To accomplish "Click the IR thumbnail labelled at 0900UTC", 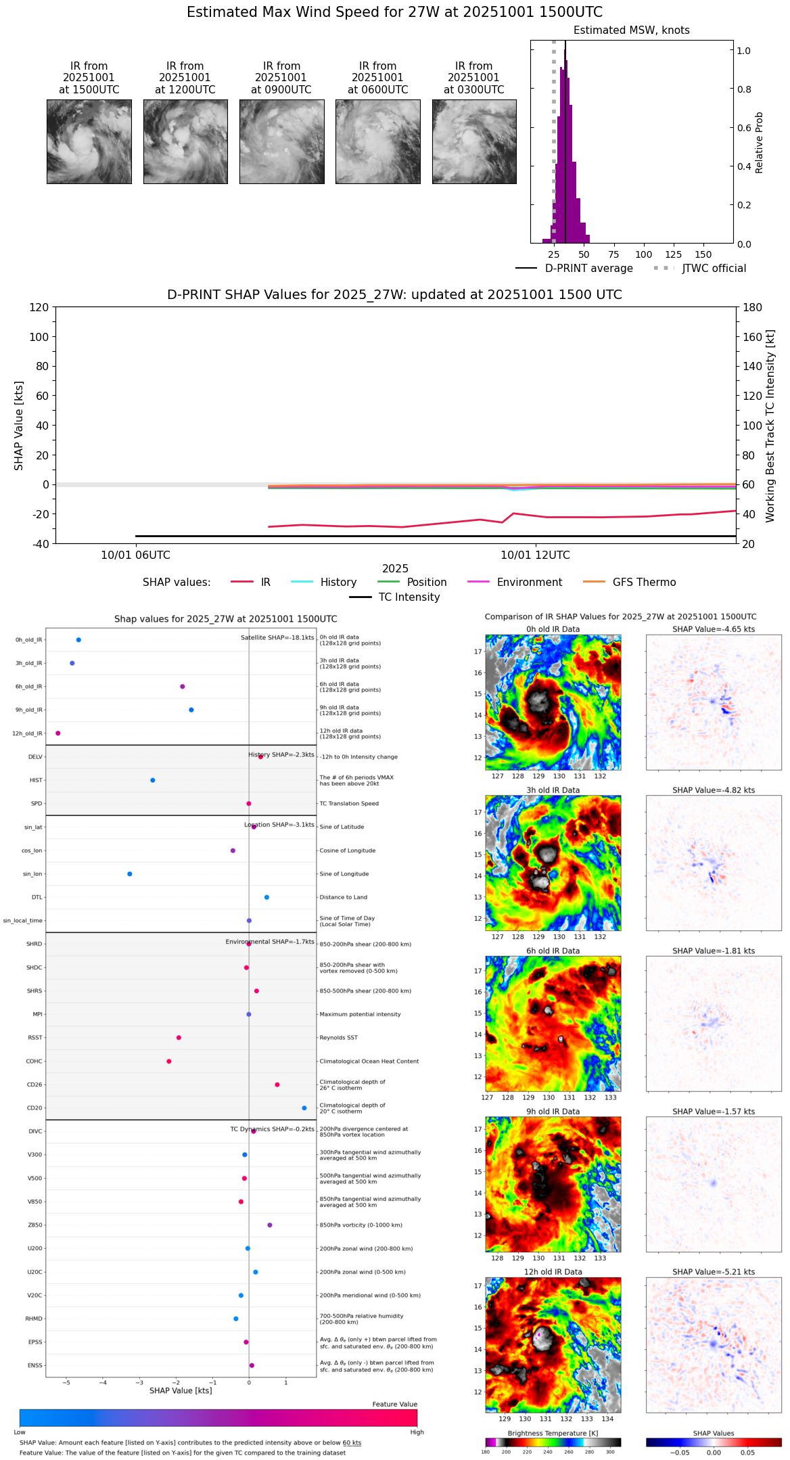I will pos(281,141).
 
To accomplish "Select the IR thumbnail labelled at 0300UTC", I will pos(474,141).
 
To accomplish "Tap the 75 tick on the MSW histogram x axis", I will pos(613,254).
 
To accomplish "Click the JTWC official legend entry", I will pos(700,269).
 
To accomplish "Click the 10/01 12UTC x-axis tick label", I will pos(535,555).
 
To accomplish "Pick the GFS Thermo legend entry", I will pos(629,583).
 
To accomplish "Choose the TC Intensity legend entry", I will pos(394,597).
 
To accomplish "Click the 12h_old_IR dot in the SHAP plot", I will pos(58,733).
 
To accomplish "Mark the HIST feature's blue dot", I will pos(153,780).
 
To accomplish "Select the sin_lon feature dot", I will pos(130,874).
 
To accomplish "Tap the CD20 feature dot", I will pos(304,1108).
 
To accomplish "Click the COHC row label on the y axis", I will pos(34,1062).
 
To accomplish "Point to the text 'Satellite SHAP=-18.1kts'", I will pos(277,638).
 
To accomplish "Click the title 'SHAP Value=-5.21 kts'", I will pos(714,1272).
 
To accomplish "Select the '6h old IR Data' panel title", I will pos(553,951).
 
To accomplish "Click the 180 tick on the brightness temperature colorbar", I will pos(486,1452).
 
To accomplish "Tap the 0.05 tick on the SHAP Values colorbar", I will pos(747,1453).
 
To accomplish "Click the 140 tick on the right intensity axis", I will pos(753,366).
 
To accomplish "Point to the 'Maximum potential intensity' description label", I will pos(360,1015).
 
